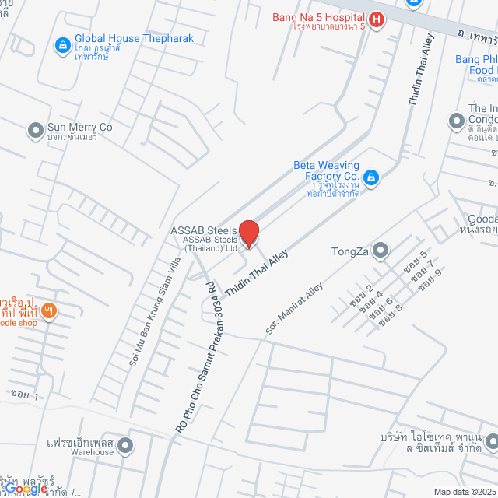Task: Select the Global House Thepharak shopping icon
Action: coord(61,45)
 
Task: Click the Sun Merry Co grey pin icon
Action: coord(34,131)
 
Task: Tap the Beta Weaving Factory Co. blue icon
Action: coord(371,178)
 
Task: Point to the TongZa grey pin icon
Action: coord(380,251)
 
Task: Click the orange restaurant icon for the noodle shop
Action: coord(49,311)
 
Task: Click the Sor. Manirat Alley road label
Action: coord(293,309)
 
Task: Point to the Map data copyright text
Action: coord(464,491)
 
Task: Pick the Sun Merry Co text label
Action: coord(79,127)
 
